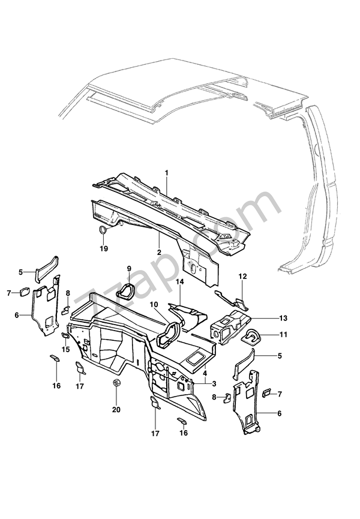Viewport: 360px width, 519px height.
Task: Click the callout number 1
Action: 166,173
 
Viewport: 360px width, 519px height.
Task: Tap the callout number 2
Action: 159,252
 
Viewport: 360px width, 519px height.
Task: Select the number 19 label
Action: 104,248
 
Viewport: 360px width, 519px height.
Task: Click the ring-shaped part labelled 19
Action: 103,229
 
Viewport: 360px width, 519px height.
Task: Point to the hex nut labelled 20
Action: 116,383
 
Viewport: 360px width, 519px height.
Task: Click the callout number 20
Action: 116,410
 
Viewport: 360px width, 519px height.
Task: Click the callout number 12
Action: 242,277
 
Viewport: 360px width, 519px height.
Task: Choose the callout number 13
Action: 283,318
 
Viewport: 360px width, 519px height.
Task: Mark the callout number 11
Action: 283,335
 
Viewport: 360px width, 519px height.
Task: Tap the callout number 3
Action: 214,383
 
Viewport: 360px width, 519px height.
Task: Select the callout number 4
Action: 205,373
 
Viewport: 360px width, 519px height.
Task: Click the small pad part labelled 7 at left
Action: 25,292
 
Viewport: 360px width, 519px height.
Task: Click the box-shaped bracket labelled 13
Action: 231,327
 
